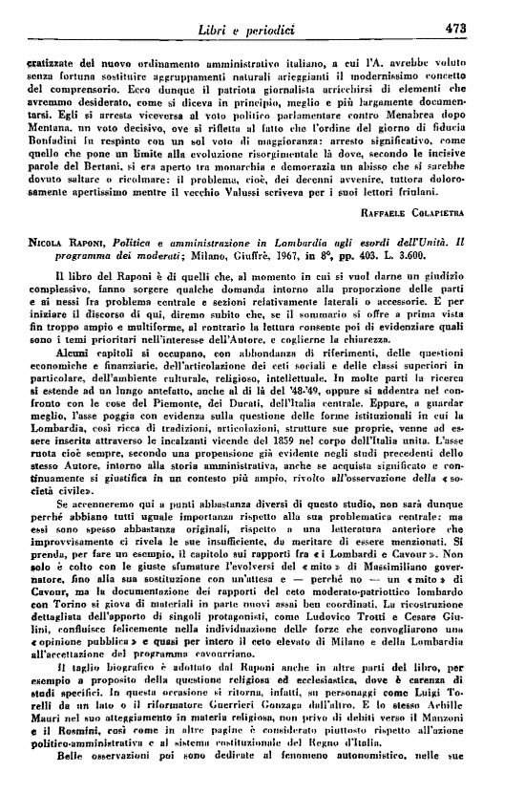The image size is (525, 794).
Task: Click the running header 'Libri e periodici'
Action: pyautogui.click(x=259, y=30)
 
